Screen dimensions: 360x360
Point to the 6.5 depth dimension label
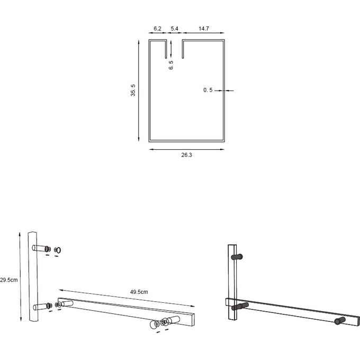click(171, 65)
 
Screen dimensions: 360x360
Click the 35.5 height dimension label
click(133, 91)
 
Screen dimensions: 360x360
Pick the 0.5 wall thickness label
click(208, 91)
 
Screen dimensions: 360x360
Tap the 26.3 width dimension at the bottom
click(186, 156)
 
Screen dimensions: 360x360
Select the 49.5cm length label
click(138, 292)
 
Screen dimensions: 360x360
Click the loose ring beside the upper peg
click(58, 249)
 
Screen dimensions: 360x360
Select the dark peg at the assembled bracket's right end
click(339, 320)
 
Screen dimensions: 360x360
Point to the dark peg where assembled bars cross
click(241, 306)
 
